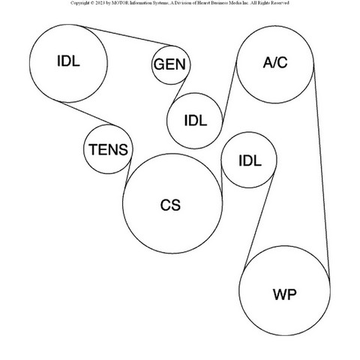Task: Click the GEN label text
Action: [169, 64]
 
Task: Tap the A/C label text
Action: [275, 62]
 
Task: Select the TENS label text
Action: [108, 149]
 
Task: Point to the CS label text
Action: [170, 205]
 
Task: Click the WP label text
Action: [285, 294]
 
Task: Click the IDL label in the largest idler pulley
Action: [68, 61]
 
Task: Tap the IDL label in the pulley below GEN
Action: [196, 121]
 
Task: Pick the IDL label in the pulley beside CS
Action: [250, 160]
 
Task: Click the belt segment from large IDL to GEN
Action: [129, 36]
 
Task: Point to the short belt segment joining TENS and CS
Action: [128, 173]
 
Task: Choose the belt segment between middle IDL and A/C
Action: [229, 92]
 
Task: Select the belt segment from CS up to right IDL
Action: [221, 178]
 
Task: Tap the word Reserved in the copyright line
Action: [280, 3]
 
